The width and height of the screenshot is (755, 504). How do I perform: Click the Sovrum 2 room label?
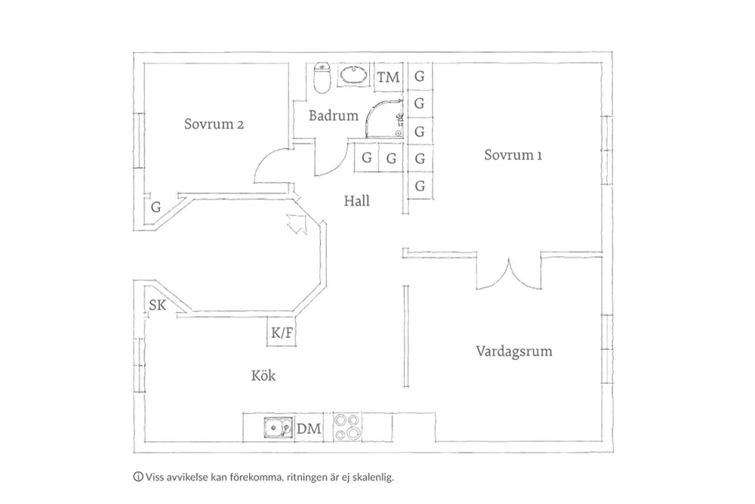[x=214, y=125]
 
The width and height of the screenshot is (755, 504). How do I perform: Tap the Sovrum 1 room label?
[x=513, y=156]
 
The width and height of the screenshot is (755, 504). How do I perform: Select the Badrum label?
[x=333, y=116]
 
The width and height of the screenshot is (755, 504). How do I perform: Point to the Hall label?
[x=356, y=202]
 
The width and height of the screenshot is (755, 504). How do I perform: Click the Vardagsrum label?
[x=513, y=351]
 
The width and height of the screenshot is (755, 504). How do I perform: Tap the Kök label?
[x=263, y=376]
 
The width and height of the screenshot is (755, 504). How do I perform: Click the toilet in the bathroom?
[x=322, y=78]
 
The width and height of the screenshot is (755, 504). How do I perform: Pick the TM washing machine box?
[x=388, y=77]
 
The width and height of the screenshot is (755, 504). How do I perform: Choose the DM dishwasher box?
[x=309, y=428]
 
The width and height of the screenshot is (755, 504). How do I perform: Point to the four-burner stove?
[x=348, y=428]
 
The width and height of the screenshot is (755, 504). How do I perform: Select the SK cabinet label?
[x=157, y=306]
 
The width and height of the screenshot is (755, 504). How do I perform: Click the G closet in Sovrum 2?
[x=156, y=206]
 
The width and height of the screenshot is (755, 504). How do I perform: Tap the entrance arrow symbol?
[x=296, y=223]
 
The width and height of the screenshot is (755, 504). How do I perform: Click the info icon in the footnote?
[x=137, y=477]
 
